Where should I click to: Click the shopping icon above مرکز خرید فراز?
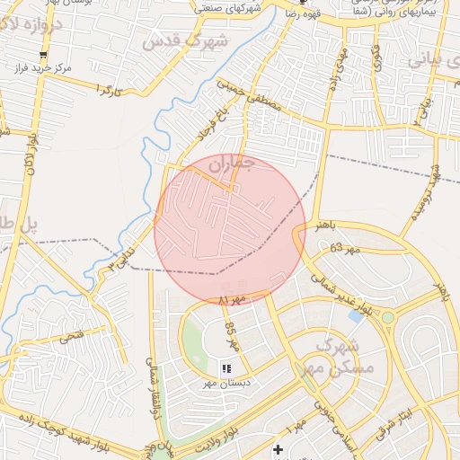coord(42,55)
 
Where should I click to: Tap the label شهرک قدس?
coord(186,40)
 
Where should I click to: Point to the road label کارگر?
coord(106,91)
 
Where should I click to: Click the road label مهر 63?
coord(341,247)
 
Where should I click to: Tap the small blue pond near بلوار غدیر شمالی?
coord(357,315)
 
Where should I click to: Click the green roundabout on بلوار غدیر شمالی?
coord(387,317)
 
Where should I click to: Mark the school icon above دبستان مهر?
coord(226,368)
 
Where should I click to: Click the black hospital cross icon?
coord(279,449)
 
